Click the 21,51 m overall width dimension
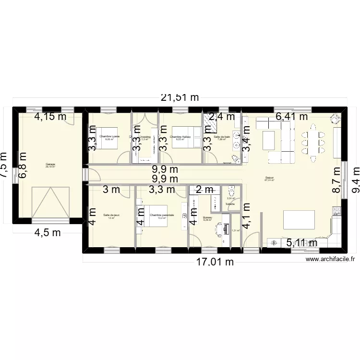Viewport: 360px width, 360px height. pos(180,97)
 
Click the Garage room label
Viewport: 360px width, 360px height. pos(50,165)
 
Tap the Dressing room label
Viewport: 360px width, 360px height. pos(144,137)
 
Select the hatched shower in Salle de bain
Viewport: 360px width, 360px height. pos(210,123)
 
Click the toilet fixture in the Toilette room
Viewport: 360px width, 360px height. pos(231,190)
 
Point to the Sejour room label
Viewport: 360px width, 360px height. pos(270,179)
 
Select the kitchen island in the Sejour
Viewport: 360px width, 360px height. pos(300,219)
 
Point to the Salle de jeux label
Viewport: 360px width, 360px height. pos(111,216)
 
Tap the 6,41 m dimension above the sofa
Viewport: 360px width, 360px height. pos(291,116)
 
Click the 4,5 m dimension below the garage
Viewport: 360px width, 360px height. pos(47,233)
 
